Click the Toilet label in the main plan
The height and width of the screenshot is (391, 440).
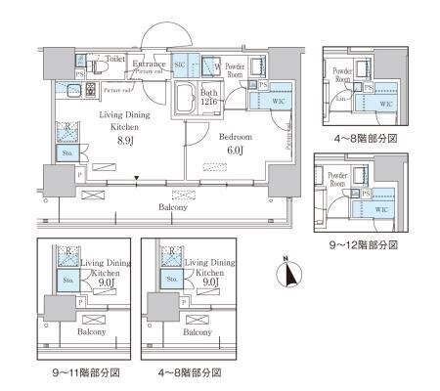click(115, 58)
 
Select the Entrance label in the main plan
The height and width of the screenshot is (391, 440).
click(149, 64)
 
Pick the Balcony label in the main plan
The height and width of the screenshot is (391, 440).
click(173, 207)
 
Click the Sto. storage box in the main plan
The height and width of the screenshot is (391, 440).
click(67, 153)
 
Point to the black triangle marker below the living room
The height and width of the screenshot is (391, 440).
click(137, 177)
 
